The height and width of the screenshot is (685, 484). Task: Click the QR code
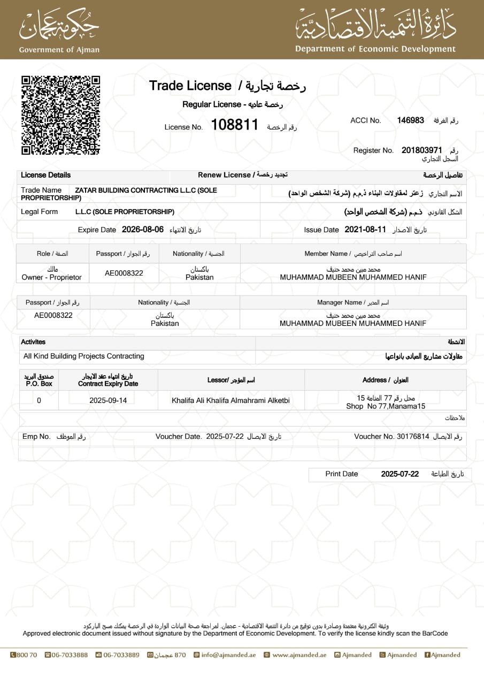tap(60, 115)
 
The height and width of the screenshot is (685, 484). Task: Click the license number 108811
tap(235, 125)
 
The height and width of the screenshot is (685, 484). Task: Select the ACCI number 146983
tap(410, 120)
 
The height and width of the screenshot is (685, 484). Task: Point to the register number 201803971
tap(422, 150)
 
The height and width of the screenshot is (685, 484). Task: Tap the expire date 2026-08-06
tap(143, 230)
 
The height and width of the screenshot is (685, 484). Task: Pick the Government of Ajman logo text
tap(59, 50)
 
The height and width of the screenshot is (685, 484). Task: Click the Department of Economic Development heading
tap(375, 49)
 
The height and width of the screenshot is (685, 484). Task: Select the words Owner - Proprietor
tap(51, 277)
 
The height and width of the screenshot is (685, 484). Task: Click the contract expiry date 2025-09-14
tap(108, 400)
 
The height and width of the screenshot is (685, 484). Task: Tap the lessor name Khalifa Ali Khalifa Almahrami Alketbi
tap(231, 400)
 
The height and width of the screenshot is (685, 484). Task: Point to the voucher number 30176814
tap(413, 436)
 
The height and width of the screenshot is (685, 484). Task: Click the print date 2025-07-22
tap(400, 474)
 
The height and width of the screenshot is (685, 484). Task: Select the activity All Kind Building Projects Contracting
tap(84, 356)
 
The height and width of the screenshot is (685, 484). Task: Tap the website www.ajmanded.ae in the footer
tap(299, 654)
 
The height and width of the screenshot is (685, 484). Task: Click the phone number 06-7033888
tap(70, 654)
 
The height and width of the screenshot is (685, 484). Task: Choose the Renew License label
tap(224, 175)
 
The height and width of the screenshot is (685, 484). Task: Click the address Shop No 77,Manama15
tap(386, 406)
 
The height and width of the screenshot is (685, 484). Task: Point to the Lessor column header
tap(231, 380)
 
